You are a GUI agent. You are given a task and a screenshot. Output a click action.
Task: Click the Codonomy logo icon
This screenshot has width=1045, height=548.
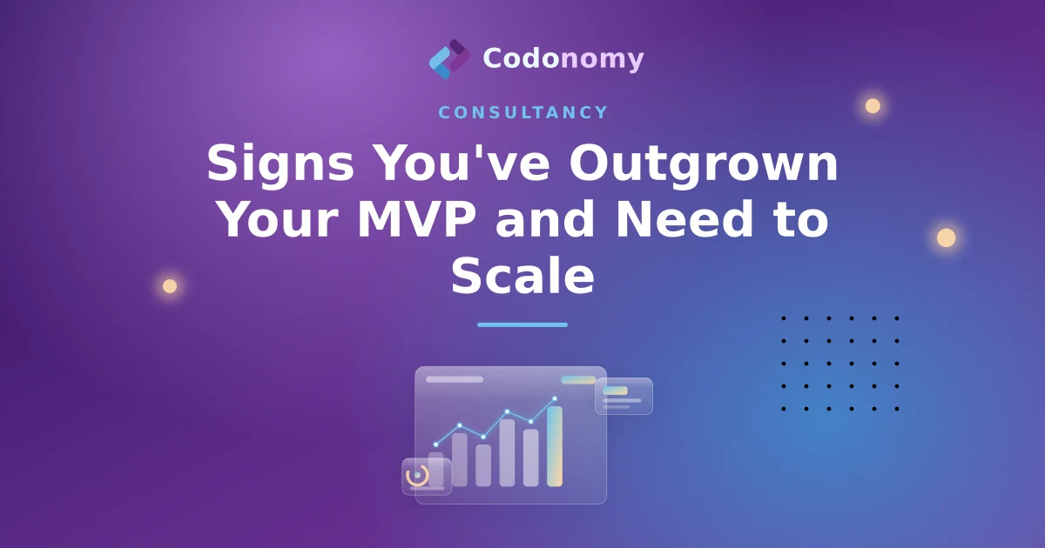(x=449, y=59)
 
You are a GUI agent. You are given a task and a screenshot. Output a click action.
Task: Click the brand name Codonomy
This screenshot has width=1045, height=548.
(x=563, y=60)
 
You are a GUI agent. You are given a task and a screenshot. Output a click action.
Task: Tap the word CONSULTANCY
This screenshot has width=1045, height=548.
(x=523, y=112)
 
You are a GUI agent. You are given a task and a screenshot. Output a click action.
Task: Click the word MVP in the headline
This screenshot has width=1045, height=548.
(x=416, y=219)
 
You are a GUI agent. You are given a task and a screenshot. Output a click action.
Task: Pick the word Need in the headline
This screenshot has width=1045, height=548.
(x=684, y=219)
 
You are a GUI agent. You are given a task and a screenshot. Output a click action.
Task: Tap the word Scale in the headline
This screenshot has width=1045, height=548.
(x=522, y=276)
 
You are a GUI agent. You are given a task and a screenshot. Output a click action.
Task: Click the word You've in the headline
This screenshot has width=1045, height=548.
(x=462, y=163)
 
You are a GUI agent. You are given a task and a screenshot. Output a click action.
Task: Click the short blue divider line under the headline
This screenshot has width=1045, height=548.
(x=522, y=324)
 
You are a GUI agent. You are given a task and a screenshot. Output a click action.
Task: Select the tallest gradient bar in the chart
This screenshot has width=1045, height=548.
(x=555, y=446)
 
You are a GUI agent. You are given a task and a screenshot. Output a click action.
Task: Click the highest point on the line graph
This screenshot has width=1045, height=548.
(x=555, y=399)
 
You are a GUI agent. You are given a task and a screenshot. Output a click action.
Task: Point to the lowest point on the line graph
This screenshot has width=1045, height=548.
(x=435, y=444)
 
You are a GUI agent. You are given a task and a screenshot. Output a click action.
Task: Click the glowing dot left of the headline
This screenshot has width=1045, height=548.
(x=170, y=286)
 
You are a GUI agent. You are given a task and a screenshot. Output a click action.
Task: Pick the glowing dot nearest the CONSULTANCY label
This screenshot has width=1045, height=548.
(x=873, y=106)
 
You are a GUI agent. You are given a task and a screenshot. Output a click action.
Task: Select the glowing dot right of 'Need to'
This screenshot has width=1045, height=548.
(x=946, y=237)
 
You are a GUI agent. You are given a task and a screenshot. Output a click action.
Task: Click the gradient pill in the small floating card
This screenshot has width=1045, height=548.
(x=616, y=390)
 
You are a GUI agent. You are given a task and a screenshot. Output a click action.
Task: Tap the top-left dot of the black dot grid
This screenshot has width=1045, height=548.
(x=784, y=318)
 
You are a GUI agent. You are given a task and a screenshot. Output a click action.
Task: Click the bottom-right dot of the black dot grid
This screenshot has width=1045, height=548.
(x=897, y=409)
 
